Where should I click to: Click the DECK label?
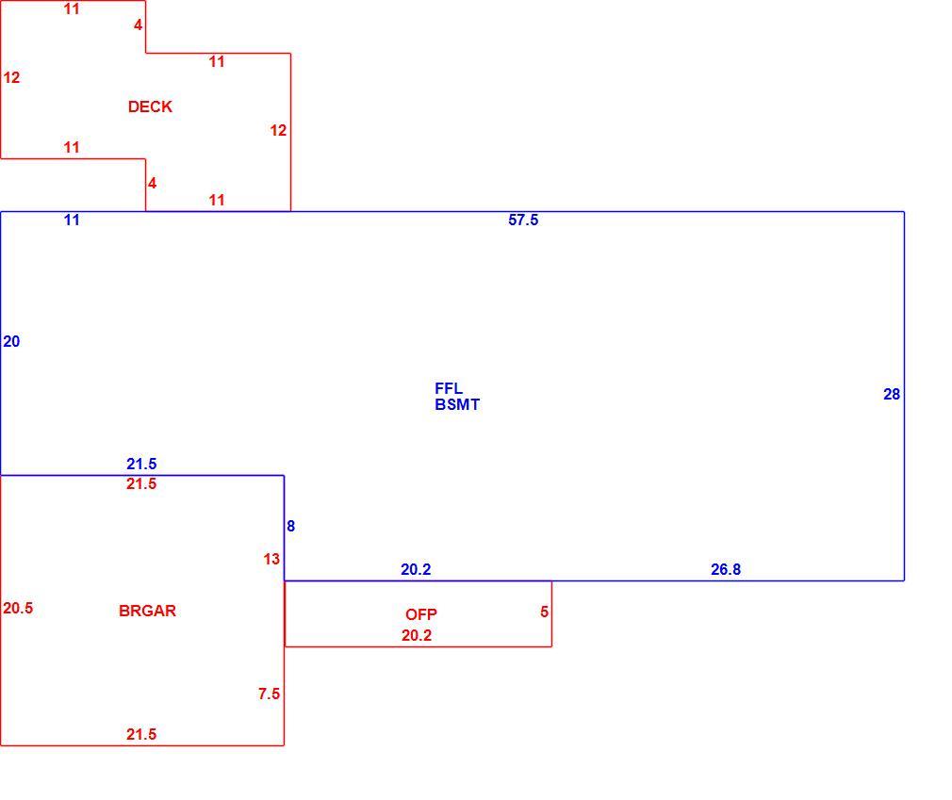(x=150, y=106)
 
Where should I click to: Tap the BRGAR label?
(x=148, y=611)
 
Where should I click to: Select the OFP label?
(x=420, y=614)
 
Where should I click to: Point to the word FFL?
(x=449, y=388)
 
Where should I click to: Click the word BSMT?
(x=457, y=404)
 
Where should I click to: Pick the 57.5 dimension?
(x=523, y=220)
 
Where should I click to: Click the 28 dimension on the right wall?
(x=892, y=395)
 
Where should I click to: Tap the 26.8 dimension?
(x=726, y=569)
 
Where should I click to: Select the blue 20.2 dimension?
(x=416, y=569)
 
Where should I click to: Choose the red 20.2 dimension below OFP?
(x=417, y=635)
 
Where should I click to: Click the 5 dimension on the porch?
(x=544, y=612)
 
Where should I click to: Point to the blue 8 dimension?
(x=291, y=526)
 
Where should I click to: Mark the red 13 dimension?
(x=271, y=559)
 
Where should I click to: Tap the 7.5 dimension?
(x=269, y=694)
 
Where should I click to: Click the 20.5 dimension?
(x=18, y=608)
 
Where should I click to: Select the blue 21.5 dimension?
(x=141, y=465)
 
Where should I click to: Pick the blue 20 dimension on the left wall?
(x=11, y=342)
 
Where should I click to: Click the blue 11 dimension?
(x=72, y=220)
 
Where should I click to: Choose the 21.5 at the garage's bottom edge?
(x=141, y=734)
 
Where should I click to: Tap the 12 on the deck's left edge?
(x=11, y=77)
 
